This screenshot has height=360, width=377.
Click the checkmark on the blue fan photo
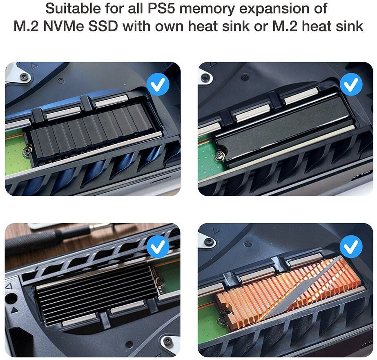158,85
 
